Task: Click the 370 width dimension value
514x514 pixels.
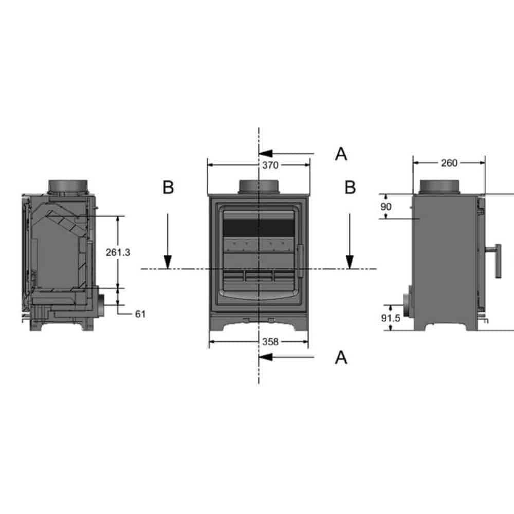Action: pyautogui.click(x=270, y=165)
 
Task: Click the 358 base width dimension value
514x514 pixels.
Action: pyautogui.click(x=270, y=342)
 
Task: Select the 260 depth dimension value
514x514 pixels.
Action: pyautogui.click(x=449, y=163)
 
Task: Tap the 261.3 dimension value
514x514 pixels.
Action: pyautogui.click(x=118, y=252)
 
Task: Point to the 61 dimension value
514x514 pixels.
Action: pyautogui.click(x=140, y=314)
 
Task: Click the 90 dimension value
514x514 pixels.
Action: pyautogui.click(x=386, y=207)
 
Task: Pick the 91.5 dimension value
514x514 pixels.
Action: pyautogui.click(x=391, y=318)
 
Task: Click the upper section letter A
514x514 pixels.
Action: pyautogui.click(x=341, y=154)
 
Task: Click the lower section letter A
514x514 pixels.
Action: pyautogui.click(x=341, y=357)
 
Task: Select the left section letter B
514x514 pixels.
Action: pyautogui.click(x=168, y=187)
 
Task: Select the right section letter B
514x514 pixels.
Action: pyautogui.click(x=350, y=187)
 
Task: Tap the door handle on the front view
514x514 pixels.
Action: pyautogui.click(x=300, y=261)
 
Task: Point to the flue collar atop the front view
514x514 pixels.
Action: pyautogui.click(x=259, y=187)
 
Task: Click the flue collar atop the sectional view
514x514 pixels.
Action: pyautogui.click(x=68, y=187)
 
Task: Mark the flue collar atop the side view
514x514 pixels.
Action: pyautogui.click(x=440, y=187)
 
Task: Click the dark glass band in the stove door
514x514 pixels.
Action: pyautogui.click(x=259, y=228)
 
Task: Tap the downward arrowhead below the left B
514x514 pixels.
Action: pyautogui.click(x=168, y=262)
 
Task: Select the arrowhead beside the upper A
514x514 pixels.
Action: pyautogui.click(x=266, y=153)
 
